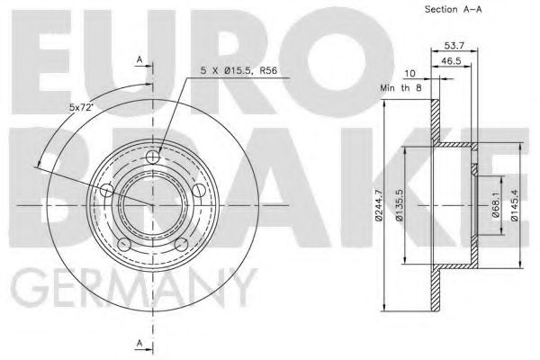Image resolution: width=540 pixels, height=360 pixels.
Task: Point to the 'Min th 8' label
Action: pyautogui.click(x=401, y=88)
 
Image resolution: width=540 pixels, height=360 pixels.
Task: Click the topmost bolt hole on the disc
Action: pyautogui.click(x=152, y=157)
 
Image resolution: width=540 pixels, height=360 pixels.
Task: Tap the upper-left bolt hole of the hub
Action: pyautogui.click(x=108, y=190)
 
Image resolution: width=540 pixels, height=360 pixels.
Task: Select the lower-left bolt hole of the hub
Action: pyautogui.click(x=125, y=243)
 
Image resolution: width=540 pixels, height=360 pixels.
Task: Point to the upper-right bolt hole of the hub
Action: pyautogui.click(x=197, y=190)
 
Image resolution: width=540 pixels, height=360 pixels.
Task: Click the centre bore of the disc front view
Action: pyautogui.click(x=152, y=206)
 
